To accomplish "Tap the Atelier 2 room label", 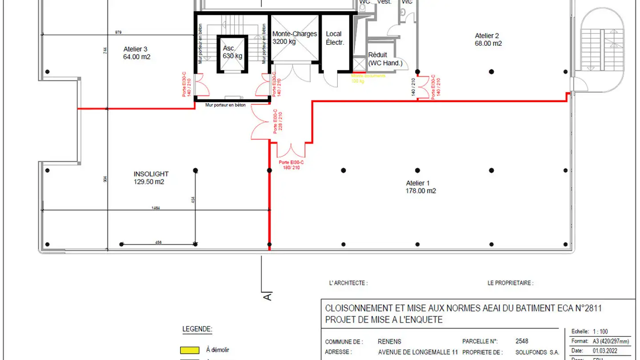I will tap(487, 36).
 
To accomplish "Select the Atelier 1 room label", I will tap(418, 183).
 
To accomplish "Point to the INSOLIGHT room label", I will tap(151, 174).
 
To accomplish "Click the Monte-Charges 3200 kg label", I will tap(295, 34).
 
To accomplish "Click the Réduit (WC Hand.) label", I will tap(385, 59).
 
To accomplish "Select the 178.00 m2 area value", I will tap(420, 191).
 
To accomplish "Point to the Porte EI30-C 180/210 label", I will tap(291, 165).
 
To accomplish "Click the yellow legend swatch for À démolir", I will tap(189, 350).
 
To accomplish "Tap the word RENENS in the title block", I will tap(389, 341).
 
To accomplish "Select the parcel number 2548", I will tap(522, 341).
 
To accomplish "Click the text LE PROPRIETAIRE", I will tap(510, 283).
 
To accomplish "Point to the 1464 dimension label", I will tap(156, 208).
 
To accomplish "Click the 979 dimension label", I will tap(118, 32).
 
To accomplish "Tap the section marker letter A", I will tap(267, 296).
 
